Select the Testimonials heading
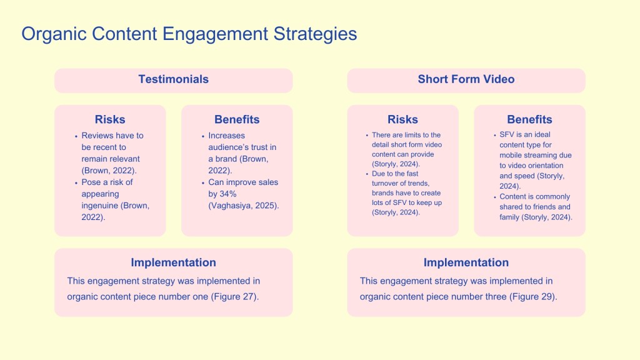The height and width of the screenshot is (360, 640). (x=174, y=79)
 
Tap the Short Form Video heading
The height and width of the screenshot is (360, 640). (x=466, y=79)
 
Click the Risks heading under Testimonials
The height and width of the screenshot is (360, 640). (x=110, y=119)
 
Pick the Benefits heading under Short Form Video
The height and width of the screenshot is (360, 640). (x=529, y=119)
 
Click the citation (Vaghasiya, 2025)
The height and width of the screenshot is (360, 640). (x=244, y=206)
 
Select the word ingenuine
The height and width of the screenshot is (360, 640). (x=101, y=206)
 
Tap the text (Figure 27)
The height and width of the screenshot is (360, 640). (x=235, y=297)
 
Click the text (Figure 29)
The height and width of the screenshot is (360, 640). (x=533, y=297)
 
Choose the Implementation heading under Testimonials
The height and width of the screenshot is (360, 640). (x=174, y=262)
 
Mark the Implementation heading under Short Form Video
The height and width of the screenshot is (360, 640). (x=466, y=262)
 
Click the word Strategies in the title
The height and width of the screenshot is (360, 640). (x=315, y=34)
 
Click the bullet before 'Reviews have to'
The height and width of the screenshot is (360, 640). (x=76, y=136)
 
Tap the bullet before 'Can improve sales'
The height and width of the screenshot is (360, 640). (x=203, y=183)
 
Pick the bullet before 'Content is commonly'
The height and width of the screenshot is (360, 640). (x=495, y=197)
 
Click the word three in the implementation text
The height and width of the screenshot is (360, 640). (x=496, y=297)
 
